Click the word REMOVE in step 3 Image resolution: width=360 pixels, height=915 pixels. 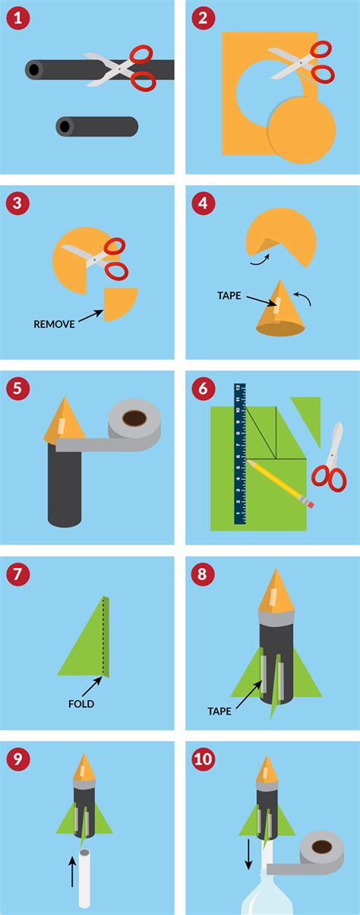click(54, 323)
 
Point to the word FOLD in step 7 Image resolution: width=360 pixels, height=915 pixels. click(79, 704)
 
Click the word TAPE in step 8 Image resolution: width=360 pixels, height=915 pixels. click(219, 711)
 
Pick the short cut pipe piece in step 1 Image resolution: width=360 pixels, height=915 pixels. click(96, 126)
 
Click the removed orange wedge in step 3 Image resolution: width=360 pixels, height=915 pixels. click(119, 302)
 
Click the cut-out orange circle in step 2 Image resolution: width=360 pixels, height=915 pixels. click(302, 129)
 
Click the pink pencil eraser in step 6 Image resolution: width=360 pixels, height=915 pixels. click(309, 502)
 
